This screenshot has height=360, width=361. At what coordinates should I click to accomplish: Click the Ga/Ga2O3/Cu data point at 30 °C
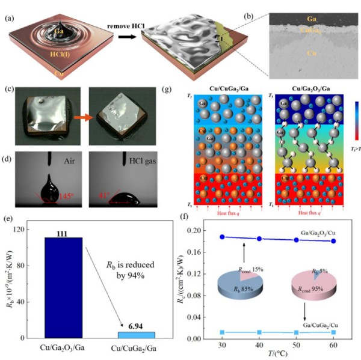pyautogui.click(x=223, y=237)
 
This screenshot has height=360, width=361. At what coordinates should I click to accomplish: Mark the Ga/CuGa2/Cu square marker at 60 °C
pyautogui.click(x=334, y=332)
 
